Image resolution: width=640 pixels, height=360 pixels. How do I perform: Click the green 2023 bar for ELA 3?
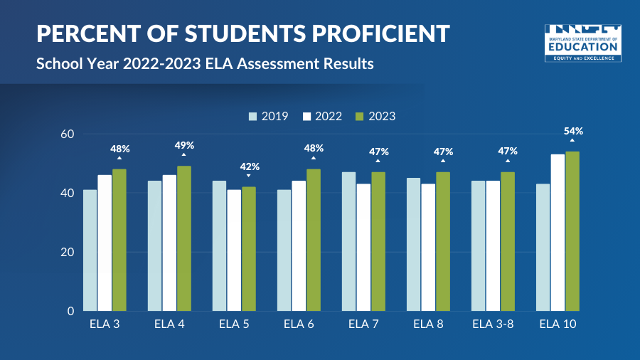pos(119,240)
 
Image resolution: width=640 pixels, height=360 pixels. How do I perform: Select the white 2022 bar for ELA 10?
pos(558,233)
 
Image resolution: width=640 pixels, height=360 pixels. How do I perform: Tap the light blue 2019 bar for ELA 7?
pos(348,241)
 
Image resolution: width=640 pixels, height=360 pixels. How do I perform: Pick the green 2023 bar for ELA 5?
pos(249,249)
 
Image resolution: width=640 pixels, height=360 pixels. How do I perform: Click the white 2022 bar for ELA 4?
pos(169,243)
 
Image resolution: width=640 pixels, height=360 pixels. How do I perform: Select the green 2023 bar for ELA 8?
pos(443,241)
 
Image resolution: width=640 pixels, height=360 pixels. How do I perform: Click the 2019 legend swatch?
pos(253,117)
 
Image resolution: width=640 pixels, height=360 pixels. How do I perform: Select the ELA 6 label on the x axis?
pos(299,325)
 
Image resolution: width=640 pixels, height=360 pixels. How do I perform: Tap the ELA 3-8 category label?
pos(493,325)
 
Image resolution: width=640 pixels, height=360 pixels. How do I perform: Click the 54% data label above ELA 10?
pos(573,131)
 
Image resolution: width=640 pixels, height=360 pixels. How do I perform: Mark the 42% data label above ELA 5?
pos(249,166)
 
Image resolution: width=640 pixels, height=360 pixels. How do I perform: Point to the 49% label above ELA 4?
pos(184,146)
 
